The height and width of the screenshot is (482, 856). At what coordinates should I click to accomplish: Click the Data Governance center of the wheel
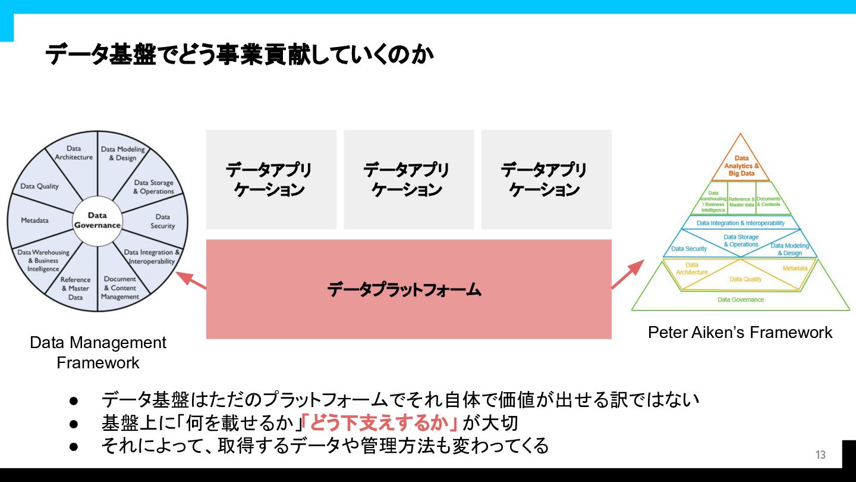[x=97, y=221]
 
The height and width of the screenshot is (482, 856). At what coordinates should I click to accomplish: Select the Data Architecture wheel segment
[x=74, y=153]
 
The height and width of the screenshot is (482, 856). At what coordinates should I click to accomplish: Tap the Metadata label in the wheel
[x=34, y=220]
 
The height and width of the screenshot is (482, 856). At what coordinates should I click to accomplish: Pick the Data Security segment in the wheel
[x=162, y=221]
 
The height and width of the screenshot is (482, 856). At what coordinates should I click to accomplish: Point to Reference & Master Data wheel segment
[x=75, y=288]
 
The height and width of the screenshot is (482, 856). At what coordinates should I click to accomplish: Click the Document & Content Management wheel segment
[x=120, y=287]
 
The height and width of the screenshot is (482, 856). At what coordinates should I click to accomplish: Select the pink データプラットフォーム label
[x=404, y=290]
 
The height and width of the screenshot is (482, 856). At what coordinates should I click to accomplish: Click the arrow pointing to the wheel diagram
[x=191, y=280]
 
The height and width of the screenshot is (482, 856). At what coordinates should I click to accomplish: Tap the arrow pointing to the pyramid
[x=628, y=274]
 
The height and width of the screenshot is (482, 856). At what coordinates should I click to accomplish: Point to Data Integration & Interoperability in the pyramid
[x=740, y=223]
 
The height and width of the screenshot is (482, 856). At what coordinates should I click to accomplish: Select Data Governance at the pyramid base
[x=741, y=300]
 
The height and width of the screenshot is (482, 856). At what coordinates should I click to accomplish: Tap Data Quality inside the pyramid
[x=745, y=279]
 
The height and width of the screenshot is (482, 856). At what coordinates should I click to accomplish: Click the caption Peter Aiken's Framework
[x=740, y=332]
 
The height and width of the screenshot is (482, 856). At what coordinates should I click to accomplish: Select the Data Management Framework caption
[x=98, y=352]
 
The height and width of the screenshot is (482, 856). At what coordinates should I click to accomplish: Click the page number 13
[x=820, y=455]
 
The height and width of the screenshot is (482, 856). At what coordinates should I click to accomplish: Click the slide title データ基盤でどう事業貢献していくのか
[x=239, y=55]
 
